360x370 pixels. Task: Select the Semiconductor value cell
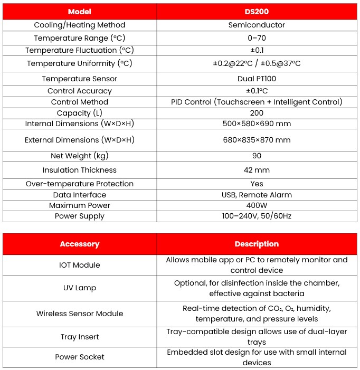pos(257,25)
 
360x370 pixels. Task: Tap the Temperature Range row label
pos(80,38)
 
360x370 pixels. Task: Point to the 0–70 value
pos(257,38)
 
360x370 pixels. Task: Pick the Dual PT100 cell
pos(257,79)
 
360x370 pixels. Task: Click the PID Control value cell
pos(257,102)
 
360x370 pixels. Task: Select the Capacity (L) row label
pos(80,113)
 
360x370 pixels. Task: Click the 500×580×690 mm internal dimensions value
pos(257,124)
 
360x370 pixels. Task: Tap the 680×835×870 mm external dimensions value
pos(257,140)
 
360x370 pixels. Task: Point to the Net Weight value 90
pos(257,156)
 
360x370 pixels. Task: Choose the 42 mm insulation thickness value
pos(257,170)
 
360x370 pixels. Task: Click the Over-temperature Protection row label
pos(80,184)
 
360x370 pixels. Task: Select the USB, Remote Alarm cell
pos(257,195)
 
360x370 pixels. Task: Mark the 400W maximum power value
pos(257,205)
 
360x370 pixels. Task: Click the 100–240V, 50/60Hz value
pos(257,216)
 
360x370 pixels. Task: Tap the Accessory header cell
pos(80,244)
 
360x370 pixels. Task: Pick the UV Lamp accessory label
pos(80,288)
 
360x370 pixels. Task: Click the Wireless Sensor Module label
pos(80,314)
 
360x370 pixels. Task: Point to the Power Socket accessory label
pos(80,357)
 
